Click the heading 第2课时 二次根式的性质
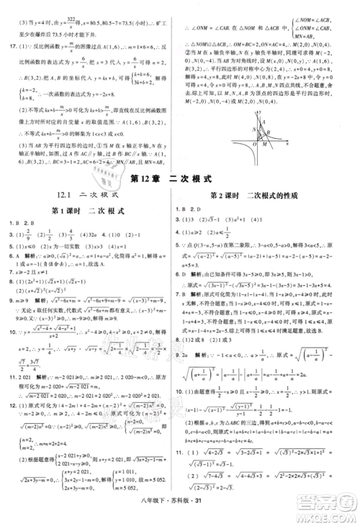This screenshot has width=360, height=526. click(259, 196)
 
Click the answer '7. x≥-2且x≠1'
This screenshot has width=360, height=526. click(29, 273)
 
